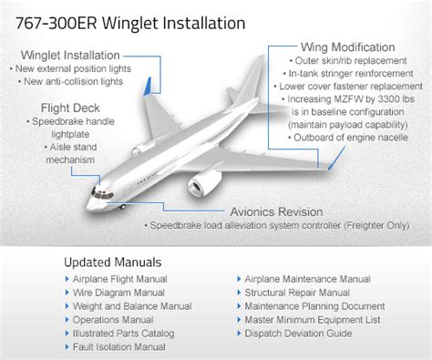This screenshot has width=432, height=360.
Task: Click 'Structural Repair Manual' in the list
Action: click(297, 293)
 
